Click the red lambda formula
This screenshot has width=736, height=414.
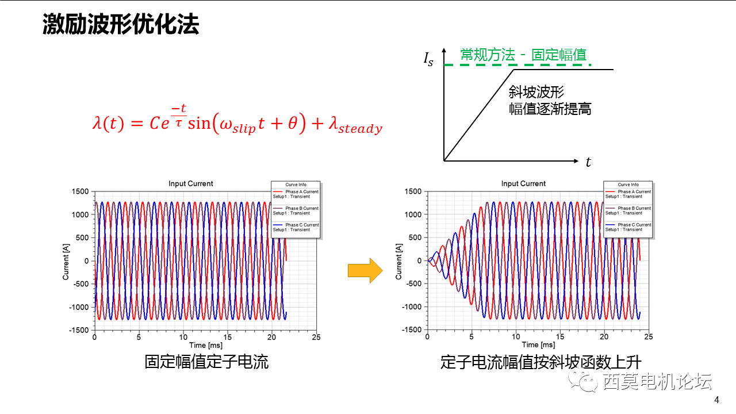[x=237, y=119]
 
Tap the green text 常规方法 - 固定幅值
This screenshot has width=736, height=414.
[x=523, y=55]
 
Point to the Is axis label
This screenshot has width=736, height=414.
[x=428, y=59]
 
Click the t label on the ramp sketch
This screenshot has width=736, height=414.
[x=588, y=163]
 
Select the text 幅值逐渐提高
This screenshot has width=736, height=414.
[x=550, y=109]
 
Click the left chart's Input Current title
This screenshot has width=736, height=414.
[x=190, y=184]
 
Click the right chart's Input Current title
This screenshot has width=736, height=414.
[x=523, y=184]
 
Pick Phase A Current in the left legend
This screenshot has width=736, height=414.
[x=302, y=191]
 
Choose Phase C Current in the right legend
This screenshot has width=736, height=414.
[x=634, y=225]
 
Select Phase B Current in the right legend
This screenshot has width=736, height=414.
[x=634, y=208]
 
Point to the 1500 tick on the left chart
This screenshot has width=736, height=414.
[x=79, y=191]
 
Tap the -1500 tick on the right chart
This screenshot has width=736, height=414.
[x=411, y=329]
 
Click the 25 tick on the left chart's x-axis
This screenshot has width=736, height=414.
[x=316, y=338]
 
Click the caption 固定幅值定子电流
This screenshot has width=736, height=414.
[x=206, y=362]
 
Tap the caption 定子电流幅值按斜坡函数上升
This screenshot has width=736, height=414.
[x=540, y=362]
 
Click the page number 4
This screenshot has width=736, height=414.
[x=716, y=400]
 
